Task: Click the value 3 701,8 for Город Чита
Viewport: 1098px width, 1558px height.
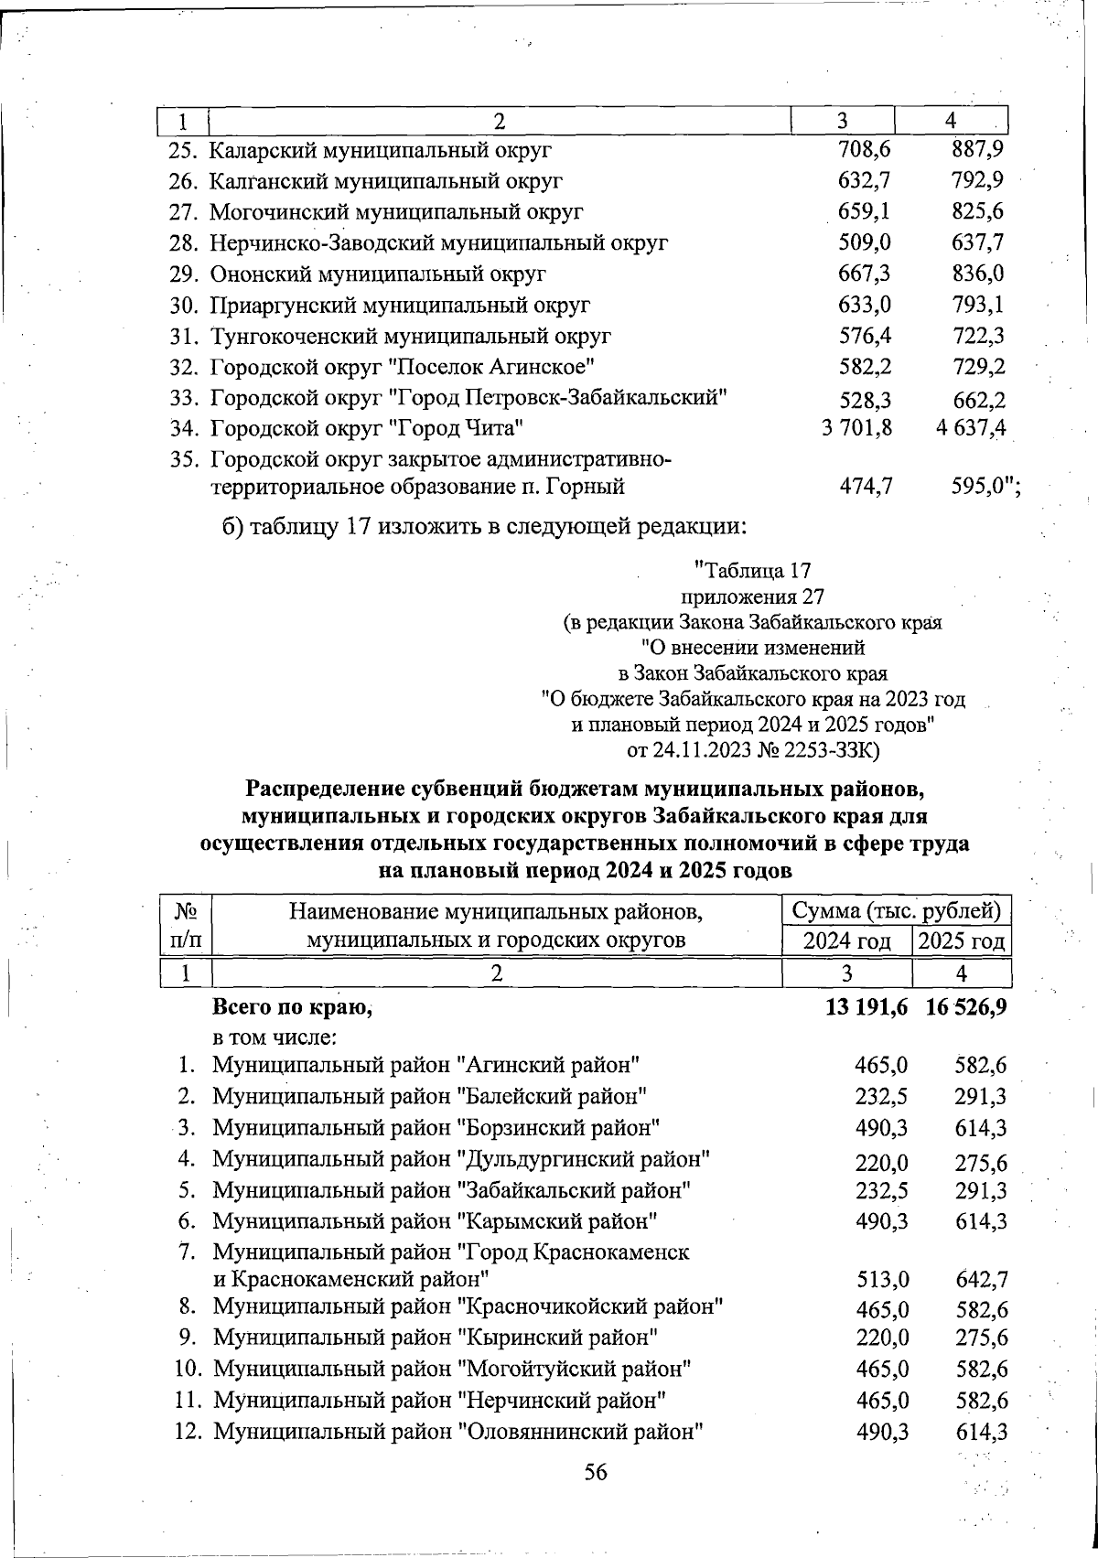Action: (856, 427)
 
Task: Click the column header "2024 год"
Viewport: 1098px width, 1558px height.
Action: (846, 941)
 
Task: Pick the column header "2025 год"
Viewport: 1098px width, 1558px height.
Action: (962, 941)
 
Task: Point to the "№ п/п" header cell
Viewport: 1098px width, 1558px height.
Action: (187, 925)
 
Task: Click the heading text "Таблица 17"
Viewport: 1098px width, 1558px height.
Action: (752, 571)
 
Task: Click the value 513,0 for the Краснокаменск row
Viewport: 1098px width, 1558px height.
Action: (881, 1279)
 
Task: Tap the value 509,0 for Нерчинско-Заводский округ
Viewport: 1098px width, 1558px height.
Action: (865, 242)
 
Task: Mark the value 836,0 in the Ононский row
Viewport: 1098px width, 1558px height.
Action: (977, 274)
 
